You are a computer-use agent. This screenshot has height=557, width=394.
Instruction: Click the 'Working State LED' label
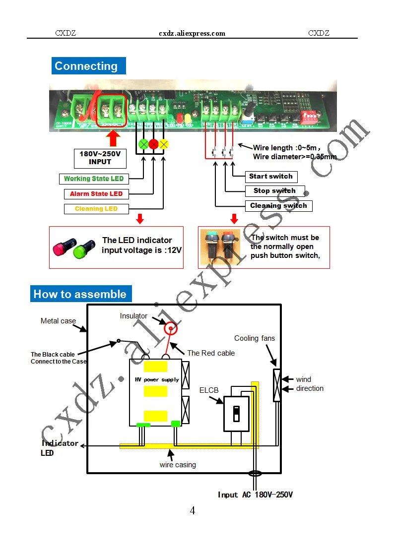coord(94,179)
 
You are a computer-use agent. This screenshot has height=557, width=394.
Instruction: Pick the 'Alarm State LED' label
coord(96,194)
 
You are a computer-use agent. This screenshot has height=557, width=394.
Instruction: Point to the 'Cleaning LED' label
coord(96,209)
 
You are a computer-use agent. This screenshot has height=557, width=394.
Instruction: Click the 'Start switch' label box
coord(271,177)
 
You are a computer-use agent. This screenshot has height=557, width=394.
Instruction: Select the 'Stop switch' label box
coord(274,191)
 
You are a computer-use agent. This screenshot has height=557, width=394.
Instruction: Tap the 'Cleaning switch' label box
coord(278,206)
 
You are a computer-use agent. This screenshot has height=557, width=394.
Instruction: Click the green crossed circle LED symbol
coord(143,144)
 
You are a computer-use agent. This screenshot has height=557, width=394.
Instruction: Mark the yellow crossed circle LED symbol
coord(164,144)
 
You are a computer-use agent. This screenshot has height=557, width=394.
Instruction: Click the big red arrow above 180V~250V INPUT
coord(114,138)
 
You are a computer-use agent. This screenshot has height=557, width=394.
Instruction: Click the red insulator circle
coord(171,328)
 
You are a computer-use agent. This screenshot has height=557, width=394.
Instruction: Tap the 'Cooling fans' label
coord(255,338)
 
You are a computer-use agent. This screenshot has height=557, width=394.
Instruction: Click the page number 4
coord(193,510)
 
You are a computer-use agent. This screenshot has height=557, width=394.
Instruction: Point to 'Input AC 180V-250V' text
coord(255,495)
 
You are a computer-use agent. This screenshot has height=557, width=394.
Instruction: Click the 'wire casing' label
coord(178,465)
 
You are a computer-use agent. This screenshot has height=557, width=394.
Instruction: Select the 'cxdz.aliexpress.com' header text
coord(192,33)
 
